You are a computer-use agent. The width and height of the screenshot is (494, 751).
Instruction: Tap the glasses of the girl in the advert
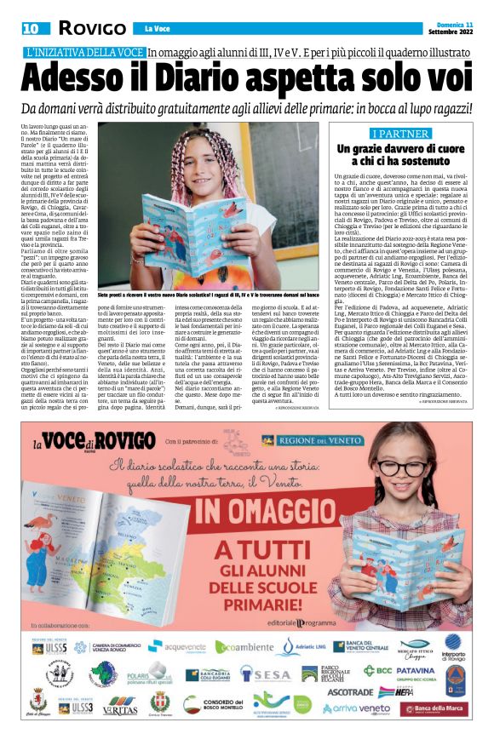point(399,468)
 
